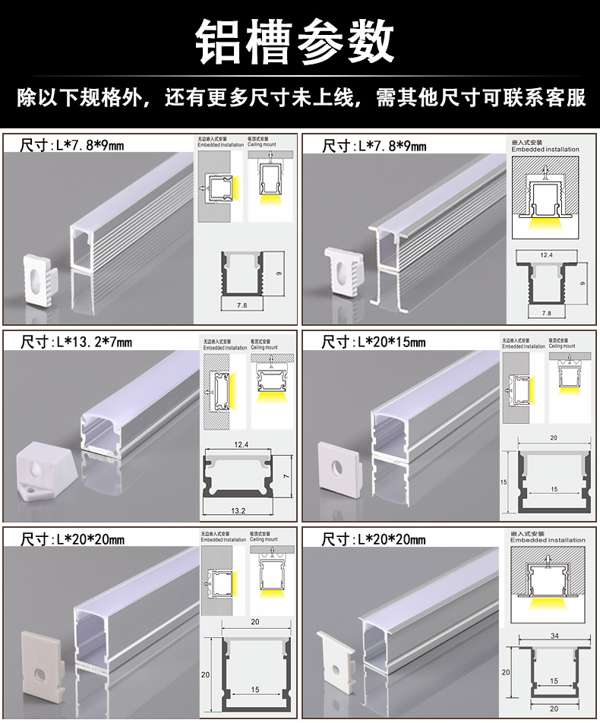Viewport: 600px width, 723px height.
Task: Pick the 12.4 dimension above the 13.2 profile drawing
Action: tap(242, 444)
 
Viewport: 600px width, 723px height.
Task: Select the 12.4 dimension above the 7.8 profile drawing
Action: tap(546, 255)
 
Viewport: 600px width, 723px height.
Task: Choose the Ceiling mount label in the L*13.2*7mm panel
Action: tap(269, 347)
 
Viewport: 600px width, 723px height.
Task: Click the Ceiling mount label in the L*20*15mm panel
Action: tap(562, 346)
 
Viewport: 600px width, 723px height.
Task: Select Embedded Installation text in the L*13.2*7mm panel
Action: tap(223, 347)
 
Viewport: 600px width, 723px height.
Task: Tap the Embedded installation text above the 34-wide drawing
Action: tap(548, 540)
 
